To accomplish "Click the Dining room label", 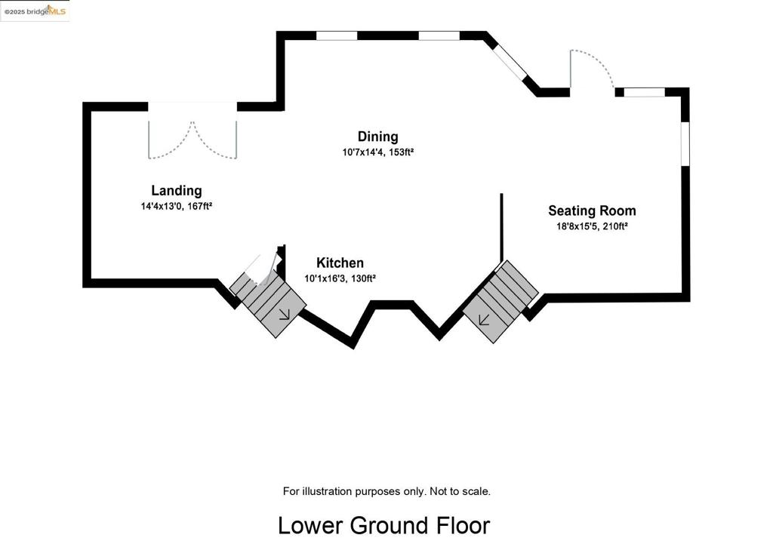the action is [377, 137].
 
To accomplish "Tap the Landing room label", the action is [177, 191].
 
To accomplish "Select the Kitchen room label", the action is [340, 263].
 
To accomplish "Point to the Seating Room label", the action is [592, 211].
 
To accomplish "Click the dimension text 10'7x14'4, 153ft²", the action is [377, 152].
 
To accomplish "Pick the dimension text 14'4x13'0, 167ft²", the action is [177, 207].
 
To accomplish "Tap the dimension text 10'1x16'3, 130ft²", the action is [340, 278].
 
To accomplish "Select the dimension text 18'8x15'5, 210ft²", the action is [592, 226].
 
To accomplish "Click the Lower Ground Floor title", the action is [384, 525].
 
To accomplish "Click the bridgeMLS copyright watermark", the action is [35, 11].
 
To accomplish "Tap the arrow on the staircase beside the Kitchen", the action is [284, 315].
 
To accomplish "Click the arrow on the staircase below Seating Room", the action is [484, 321].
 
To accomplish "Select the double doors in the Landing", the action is [192, 140].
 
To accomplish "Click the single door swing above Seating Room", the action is [592, 69].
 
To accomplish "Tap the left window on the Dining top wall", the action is [336, 35].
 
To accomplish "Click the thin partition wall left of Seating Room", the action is [501, 227].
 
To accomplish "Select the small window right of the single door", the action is [645, 92].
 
